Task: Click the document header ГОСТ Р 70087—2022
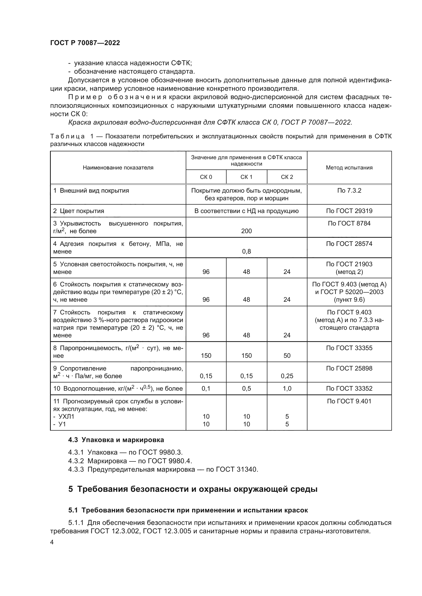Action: coord(85,43)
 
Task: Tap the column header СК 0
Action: coord(206,177)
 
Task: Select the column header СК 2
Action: coord(287,177)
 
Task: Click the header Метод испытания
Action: coord(349,168)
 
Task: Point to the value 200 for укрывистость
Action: coord(246,231)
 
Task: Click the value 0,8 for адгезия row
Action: coord(246,251)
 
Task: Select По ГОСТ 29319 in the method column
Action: coord(349,211)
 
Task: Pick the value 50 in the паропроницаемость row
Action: coord(287,356)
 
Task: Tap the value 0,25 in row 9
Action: coord(287,376)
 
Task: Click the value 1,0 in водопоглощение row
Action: coord(287,389)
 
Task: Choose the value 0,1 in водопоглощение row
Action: coord(206,389)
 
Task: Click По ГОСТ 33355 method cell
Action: coord(349,348)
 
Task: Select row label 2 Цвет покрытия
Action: coord(79,211)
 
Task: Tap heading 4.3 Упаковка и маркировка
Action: coord(116,440)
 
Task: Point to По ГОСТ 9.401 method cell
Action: coord(349,401)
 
